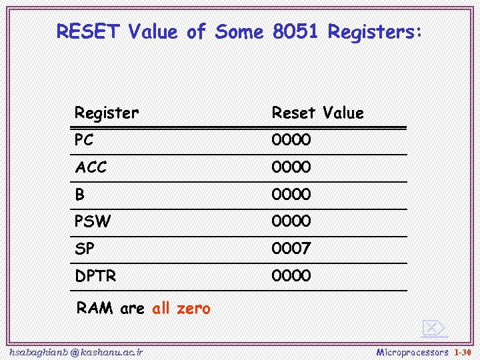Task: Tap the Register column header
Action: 107,113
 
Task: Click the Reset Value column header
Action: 317,113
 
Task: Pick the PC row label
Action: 84,140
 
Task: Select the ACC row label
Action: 91,167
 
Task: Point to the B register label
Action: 80,195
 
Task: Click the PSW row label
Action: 93,221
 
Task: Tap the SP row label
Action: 85,249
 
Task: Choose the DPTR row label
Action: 96,275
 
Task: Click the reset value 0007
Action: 291,249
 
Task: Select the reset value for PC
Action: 291,140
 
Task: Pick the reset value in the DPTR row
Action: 291,275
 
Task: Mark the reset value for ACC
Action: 291,167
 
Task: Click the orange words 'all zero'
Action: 181,308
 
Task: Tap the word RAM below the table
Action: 95,308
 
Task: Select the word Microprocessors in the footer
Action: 412,351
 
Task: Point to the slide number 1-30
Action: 463,351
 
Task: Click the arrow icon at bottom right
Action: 433,328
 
